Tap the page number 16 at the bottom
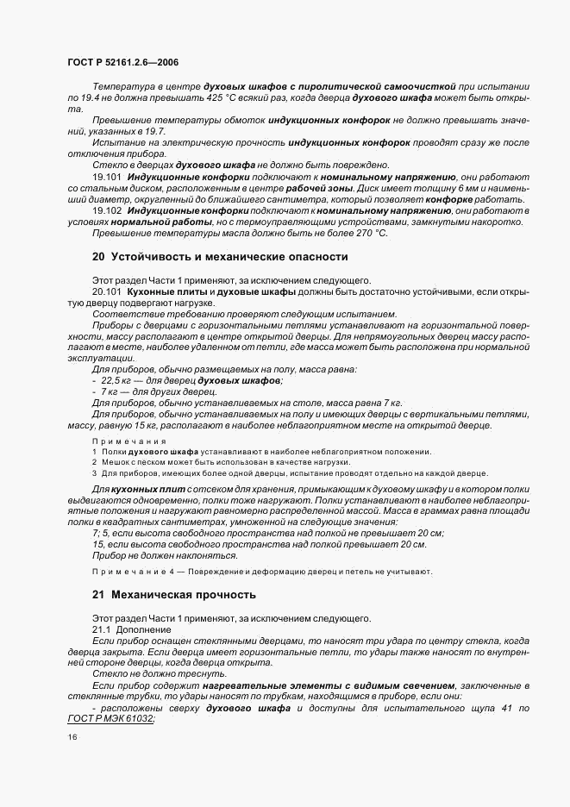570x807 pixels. (72, 737)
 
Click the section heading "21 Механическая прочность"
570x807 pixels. (174, 594)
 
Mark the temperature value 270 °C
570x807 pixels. (370, 233)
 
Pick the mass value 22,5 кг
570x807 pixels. (120, 380)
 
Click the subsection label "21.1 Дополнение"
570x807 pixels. (132, 630)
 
